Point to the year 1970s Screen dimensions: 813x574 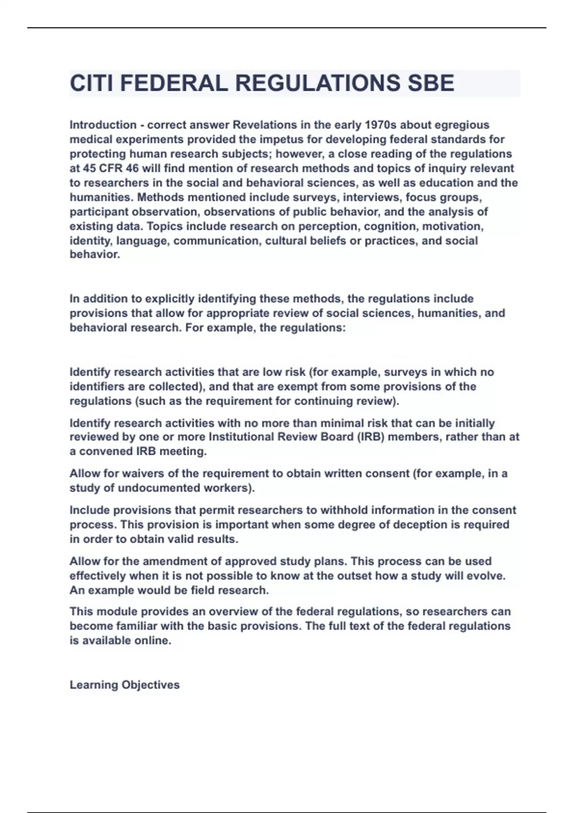click(381, 125)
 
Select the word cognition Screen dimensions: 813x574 click(390, 226)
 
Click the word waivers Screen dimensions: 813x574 click(143, 473)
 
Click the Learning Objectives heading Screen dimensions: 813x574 click(124, 685)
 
